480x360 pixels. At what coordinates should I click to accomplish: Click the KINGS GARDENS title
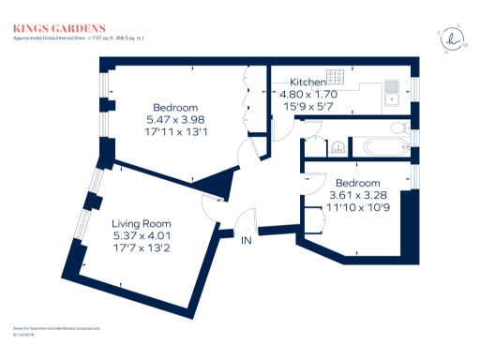click(x=58, y=29)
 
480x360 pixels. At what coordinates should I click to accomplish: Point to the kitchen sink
click(x=391, y=92)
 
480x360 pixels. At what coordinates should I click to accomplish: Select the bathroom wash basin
click(x=337, y=145)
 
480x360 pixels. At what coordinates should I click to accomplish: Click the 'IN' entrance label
click(x=247, y=241)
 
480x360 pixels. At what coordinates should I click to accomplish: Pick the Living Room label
click(x=141, y=223)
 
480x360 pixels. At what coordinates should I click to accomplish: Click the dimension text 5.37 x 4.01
click(x=141, y=236)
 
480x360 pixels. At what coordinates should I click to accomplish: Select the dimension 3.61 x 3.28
click(x=358, y=194)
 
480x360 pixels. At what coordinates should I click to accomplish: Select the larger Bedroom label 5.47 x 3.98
click(x=175, y=106)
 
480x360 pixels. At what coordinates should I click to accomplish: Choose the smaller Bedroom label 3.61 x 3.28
click(x=358, y=182)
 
